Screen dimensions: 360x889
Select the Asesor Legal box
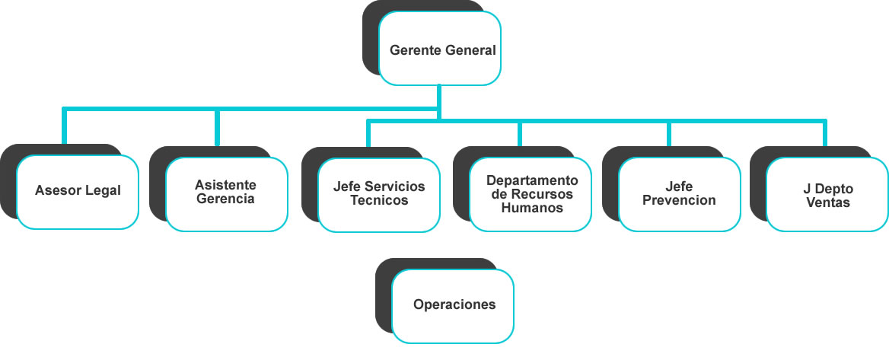[x=78, y=191]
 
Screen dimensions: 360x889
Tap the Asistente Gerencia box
[x=227, y=193]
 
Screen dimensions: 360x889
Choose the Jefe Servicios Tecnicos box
[x=378, y=194]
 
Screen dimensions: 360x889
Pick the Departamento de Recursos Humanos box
[x=531, y=194]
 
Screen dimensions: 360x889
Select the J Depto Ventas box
[x=827, y=195]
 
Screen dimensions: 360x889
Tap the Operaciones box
[x=454, y=304]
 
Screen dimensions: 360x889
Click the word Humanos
[x=532, y=208]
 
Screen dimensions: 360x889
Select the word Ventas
[x=828, y=202]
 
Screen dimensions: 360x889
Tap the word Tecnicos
[x=379, y=201]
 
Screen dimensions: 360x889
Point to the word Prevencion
[x=679, y=200]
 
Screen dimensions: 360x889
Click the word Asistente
[x=225, y=185]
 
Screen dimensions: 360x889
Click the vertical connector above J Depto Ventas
[x=825, y=133]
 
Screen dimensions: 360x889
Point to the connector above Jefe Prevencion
[x=669, y=133]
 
